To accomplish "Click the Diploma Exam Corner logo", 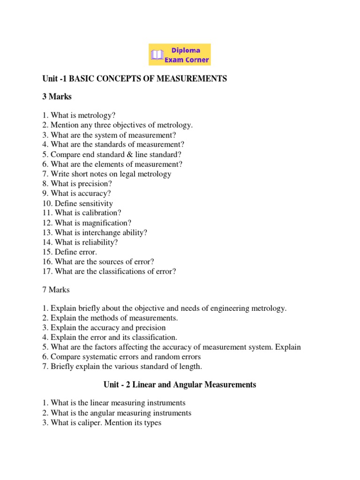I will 180,54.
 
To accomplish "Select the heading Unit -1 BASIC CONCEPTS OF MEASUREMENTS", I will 135,79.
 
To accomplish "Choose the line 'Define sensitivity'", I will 78,203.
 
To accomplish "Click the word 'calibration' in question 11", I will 100,213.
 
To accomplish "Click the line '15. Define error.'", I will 70,252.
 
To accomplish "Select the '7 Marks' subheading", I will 56,290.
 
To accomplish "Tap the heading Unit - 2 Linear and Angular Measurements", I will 180,385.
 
